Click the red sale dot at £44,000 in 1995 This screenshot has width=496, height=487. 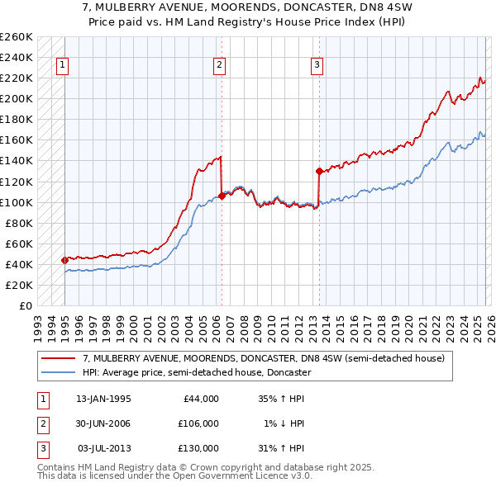pyautogui.click(x=65, y=260)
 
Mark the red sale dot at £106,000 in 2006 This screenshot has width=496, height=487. pyautogui.click(x=222, y=196)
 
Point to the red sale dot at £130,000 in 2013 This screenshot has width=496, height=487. pyautogui.click(x=318, y=172)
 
